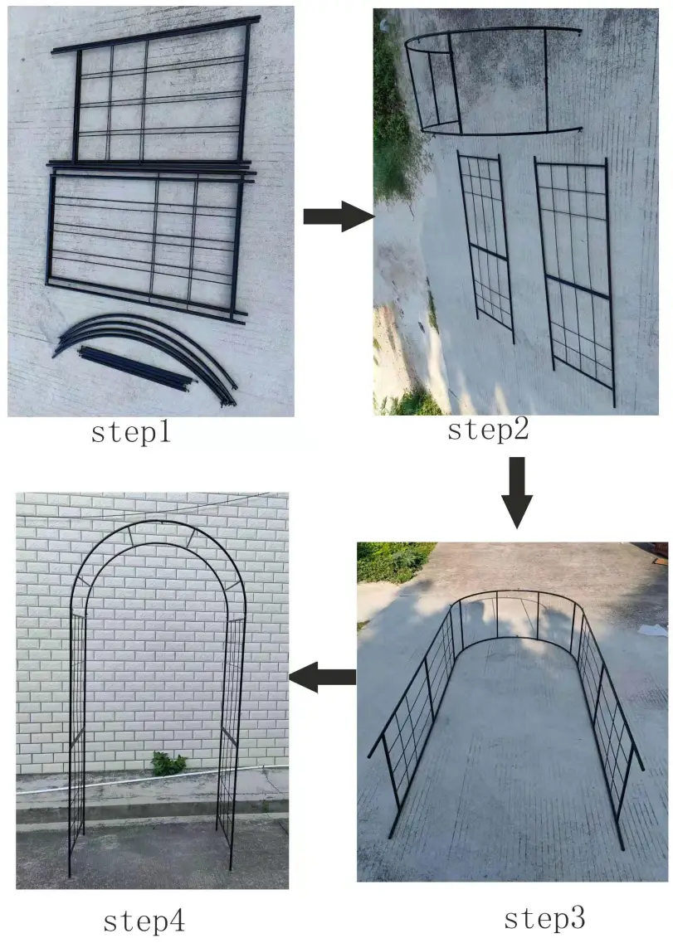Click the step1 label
tap(130, 433)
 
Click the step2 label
tap(487, 429)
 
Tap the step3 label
tap(544, 918)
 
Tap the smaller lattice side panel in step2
tap(487, 245)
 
